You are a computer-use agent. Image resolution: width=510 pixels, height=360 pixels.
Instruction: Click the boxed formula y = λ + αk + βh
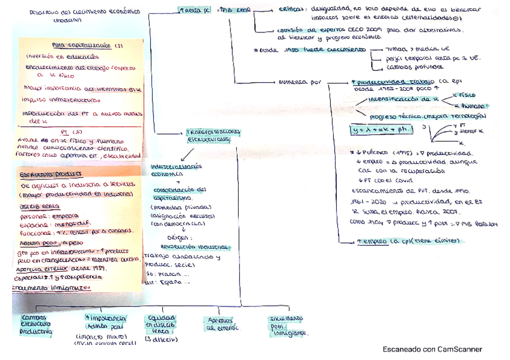[x=381, y=129]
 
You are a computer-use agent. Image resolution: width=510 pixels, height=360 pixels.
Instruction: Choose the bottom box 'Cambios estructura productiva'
[x=36, y=323]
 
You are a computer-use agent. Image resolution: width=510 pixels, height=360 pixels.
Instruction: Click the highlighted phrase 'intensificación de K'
[x=402, y=98]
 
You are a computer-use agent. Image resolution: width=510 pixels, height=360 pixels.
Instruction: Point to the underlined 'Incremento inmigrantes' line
[x=51, y=287]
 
